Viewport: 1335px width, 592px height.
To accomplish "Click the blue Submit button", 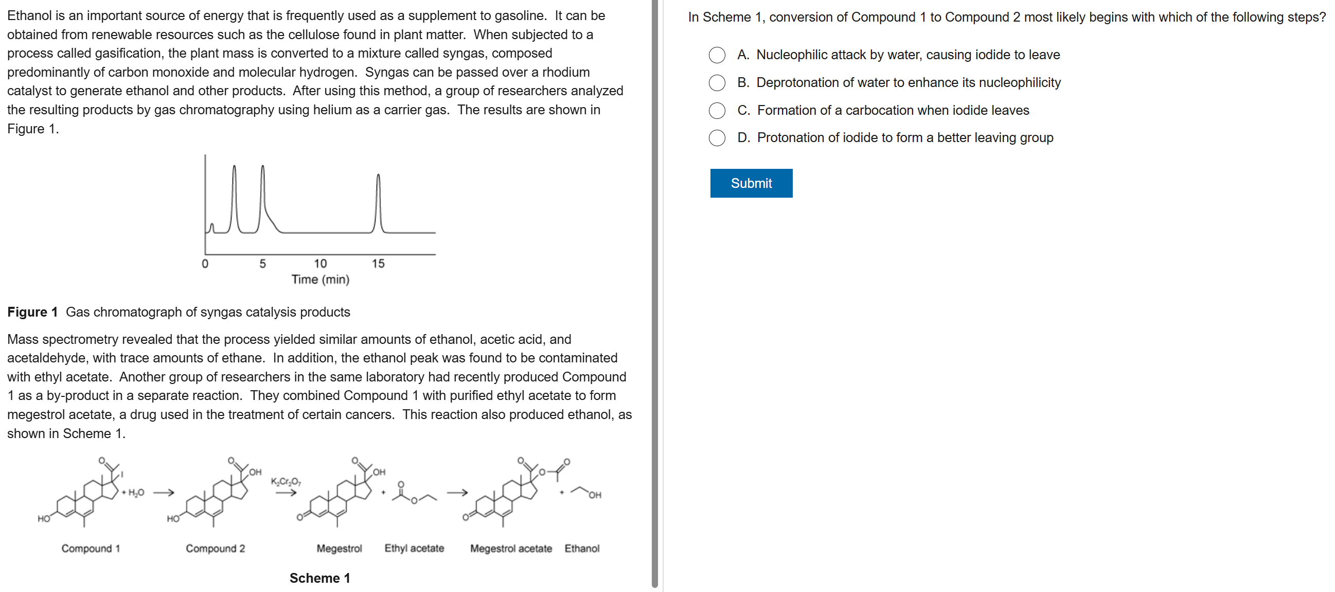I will (751, 183).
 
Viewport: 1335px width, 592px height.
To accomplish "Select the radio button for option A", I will (717, 55).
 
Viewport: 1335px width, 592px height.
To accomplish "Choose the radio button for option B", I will (717, 82).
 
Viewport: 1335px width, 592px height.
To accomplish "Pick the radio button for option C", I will (717, 110).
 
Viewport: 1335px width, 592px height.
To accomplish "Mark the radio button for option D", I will (717, 138).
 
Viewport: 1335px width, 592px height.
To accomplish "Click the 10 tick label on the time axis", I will (321, 264).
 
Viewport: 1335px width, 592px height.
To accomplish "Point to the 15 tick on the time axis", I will (378, 264).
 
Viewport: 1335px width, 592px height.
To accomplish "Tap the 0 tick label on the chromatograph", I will (205, 264).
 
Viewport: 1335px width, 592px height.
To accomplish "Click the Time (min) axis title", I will (321, 280).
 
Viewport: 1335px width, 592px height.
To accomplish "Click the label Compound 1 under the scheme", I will (91, 548).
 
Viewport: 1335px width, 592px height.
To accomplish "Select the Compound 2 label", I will (215, 548).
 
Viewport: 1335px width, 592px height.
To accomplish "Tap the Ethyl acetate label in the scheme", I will (414, 548).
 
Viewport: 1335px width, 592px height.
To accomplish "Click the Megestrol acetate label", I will (511, 548).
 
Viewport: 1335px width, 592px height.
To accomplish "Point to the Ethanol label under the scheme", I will (581, 548).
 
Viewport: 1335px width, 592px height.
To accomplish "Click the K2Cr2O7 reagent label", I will (286, 482).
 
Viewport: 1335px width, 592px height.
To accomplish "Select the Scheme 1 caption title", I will (320, 578).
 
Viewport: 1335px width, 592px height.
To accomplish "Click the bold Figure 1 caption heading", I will (32, 312).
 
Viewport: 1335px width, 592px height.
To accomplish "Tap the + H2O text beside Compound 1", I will (133, 493).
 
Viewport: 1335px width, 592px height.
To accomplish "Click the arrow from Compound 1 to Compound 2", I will (163, 493).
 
